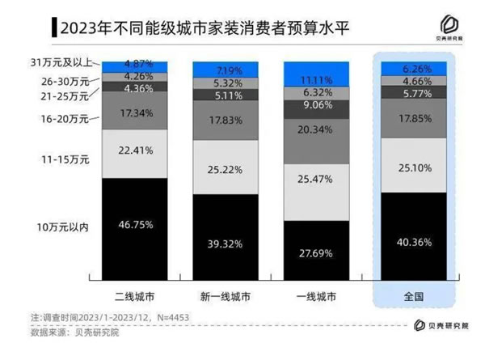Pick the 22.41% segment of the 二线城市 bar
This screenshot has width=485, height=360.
click(135, 151)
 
